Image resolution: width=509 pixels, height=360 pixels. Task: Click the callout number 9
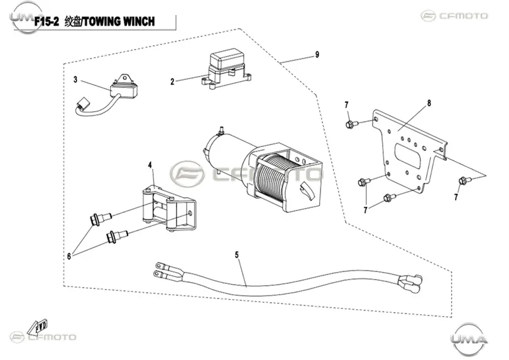317,55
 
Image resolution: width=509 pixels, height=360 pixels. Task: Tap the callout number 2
172,82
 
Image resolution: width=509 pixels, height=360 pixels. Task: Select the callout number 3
75,80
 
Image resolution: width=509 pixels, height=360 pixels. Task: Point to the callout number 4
150,165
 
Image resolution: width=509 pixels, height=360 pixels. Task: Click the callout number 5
237,255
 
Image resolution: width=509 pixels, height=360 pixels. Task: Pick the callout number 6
69,256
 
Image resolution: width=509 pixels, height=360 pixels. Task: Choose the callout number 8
429,103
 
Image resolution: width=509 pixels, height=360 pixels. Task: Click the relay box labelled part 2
226,68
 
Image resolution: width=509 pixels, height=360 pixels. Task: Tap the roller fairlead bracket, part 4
169,208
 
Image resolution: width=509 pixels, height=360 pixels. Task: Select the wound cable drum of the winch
272,175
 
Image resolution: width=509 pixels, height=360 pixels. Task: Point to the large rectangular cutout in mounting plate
408,156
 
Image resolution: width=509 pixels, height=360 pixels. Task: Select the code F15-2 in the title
47,22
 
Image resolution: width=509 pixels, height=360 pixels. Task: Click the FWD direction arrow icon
38,327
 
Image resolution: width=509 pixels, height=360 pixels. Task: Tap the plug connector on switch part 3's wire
83,104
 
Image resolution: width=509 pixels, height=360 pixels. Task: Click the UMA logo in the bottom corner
469,339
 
